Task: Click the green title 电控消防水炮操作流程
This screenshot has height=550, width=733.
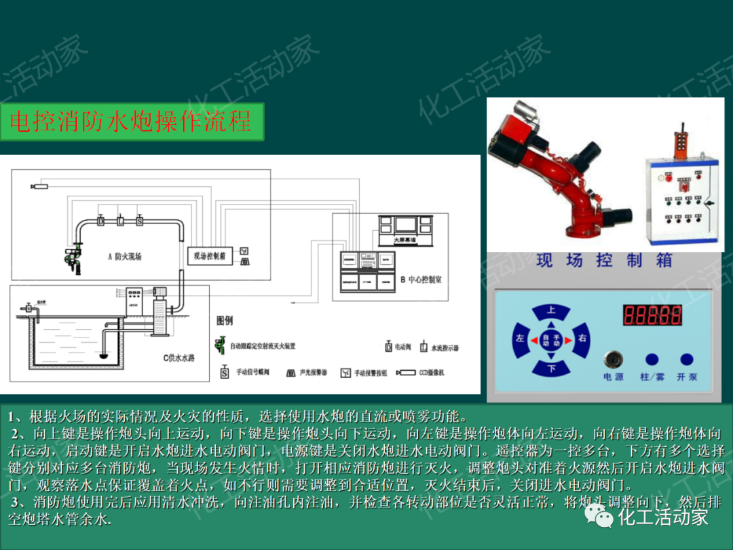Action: [x=132, y=122]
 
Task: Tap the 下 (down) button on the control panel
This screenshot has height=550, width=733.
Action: [x=551, y=368]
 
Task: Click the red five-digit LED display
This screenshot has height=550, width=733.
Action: [x=652, y=315]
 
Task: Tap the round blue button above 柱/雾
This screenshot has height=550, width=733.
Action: [x=652, y=360]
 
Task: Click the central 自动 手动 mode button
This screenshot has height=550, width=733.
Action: [x=551, y=340]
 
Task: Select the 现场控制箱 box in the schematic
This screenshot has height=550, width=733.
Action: [x=210, y=255]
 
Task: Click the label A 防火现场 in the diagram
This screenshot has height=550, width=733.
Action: [x=125, y=257]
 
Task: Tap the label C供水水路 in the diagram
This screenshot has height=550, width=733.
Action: [x=178, y=358]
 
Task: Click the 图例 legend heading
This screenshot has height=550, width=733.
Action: [x=225, y=320]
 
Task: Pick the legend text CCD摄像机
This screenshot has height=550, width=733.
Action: [x=431, y=373]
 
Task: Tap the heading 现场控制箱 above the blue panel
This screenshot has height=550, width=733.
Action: [x=604, y=260]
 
